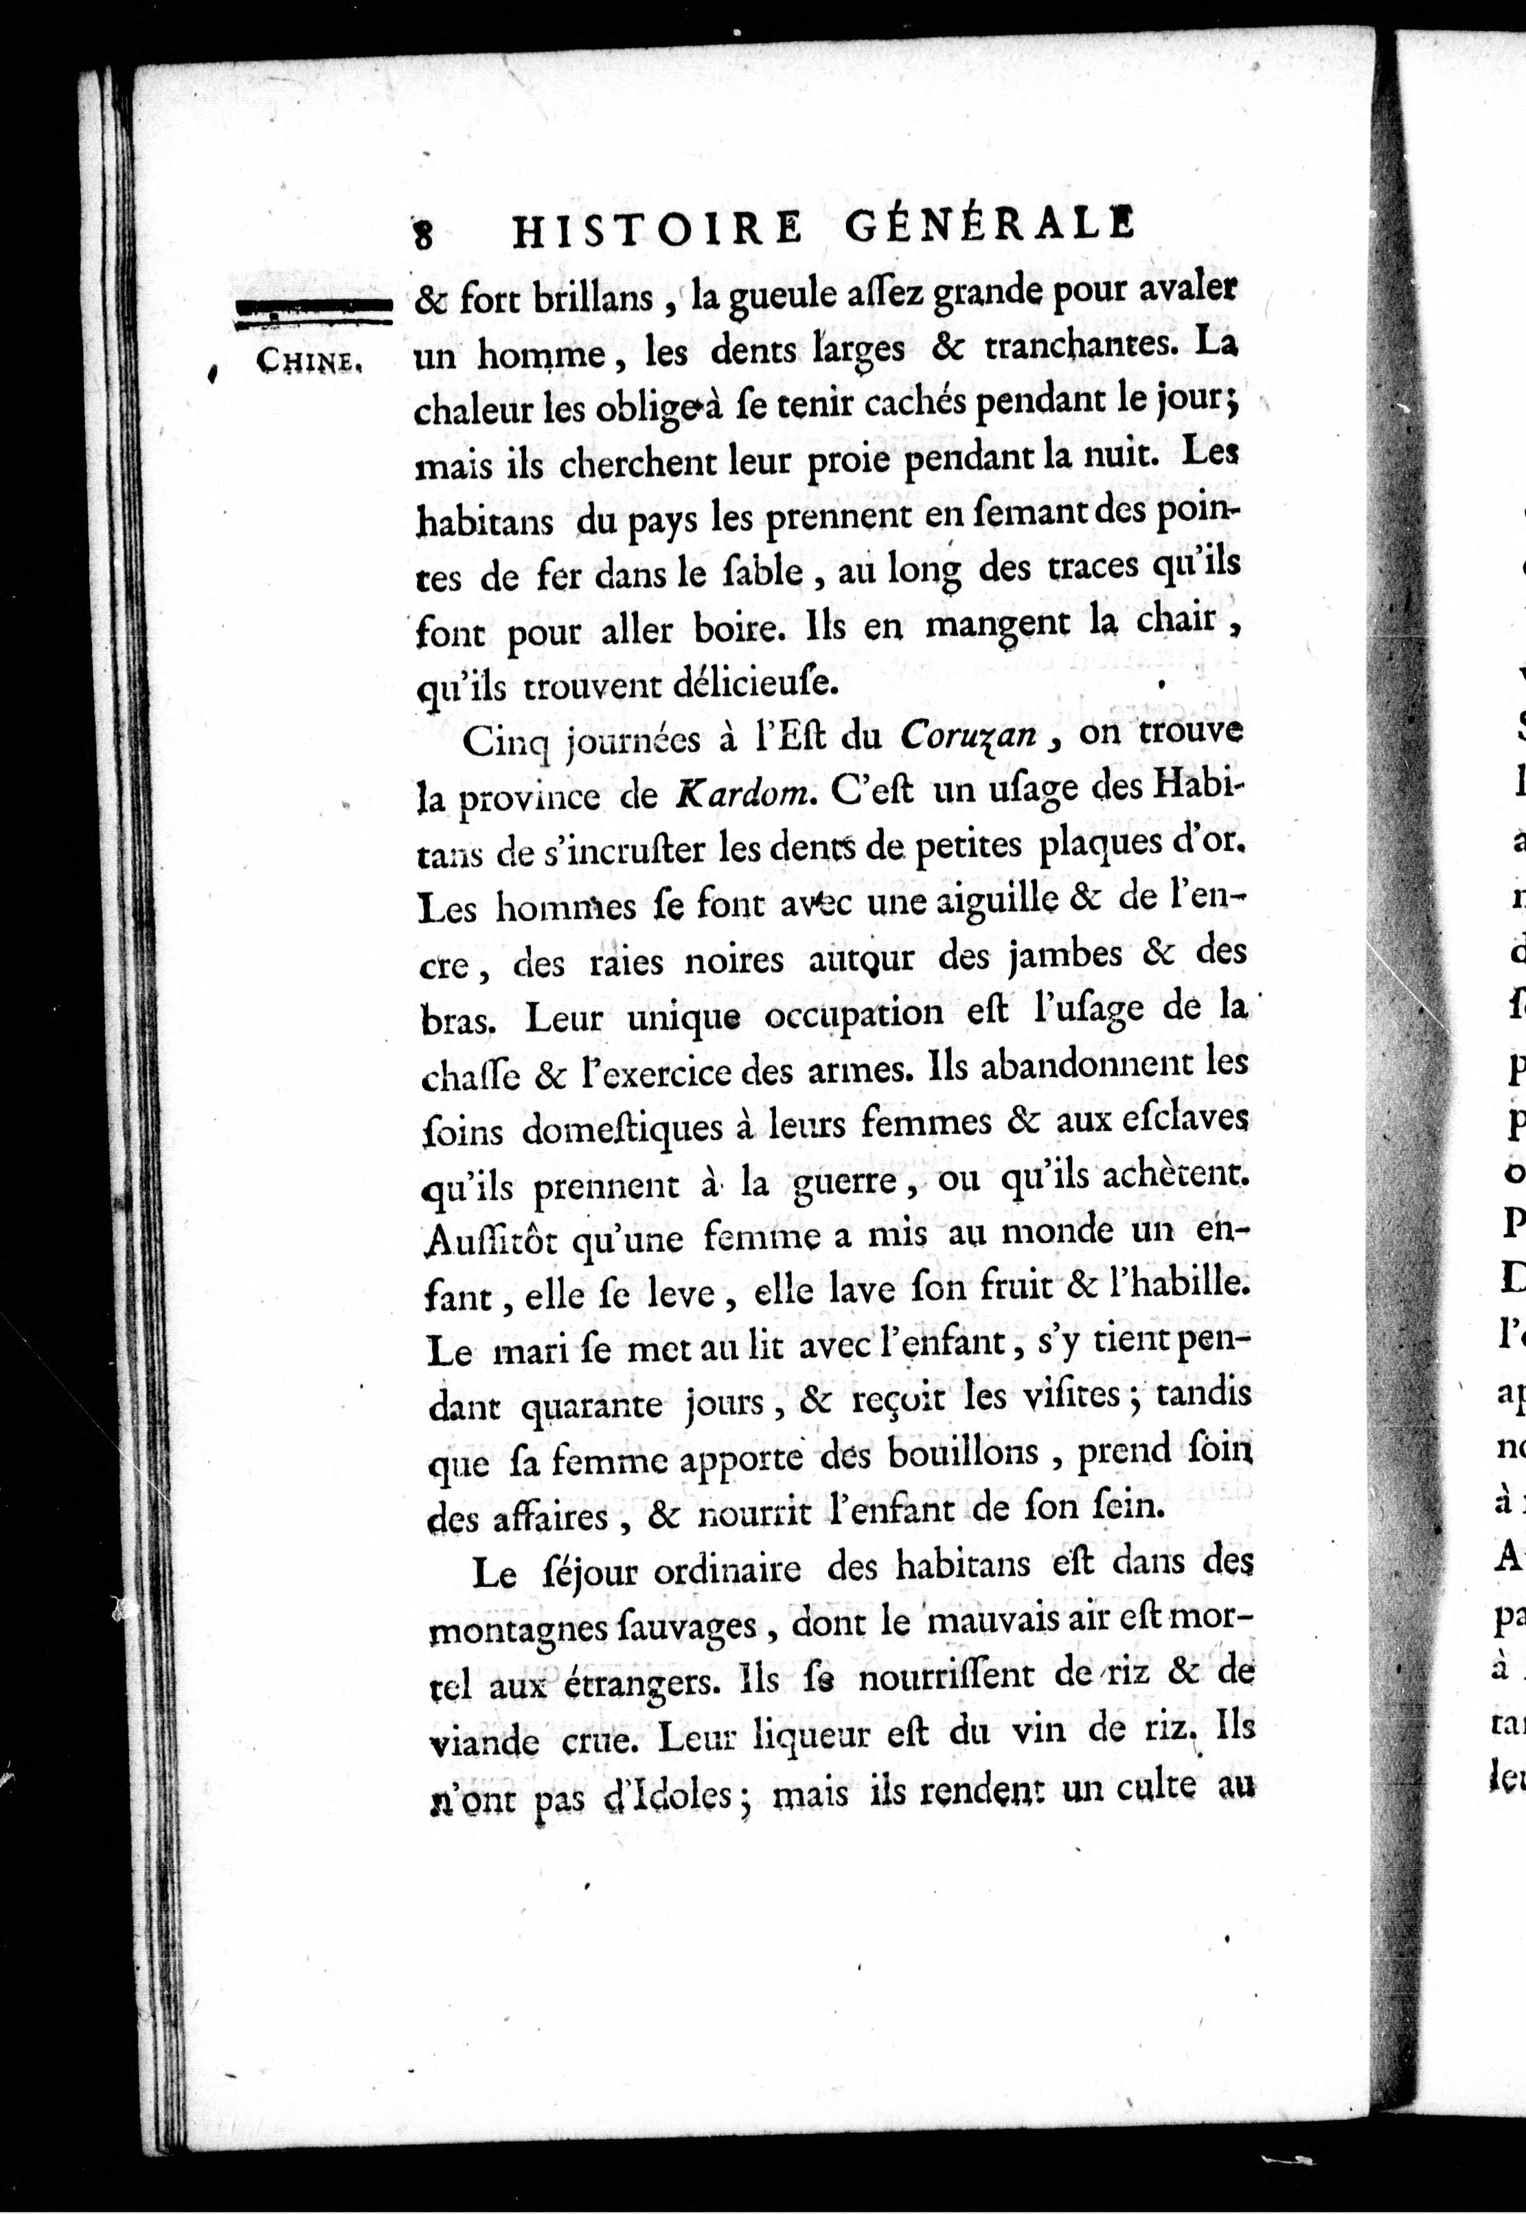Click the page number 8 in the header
pyautogui.click(x=424, y=232)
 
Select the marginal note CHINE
pyautogui.click(x=306, y=361)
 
